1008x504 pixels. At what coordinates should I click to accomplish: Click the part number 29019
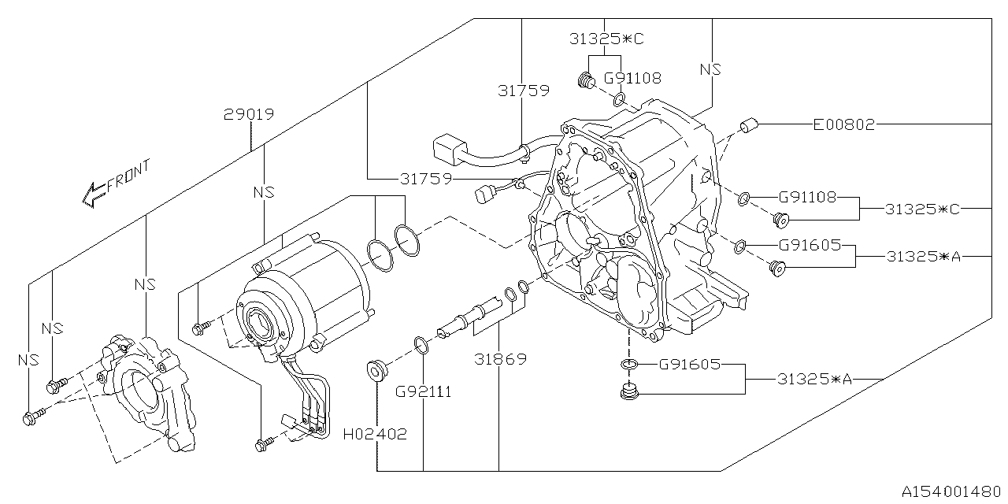[248, 115]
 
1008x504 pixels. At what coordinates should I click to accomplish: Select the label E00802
[844, 124]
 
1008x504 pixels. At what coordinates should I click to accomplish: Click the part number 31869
[501, 359]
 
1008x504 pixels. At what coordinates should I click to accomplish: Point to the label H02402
[376, 434]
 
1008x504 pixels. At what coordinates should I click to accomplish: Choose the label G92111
[423, 391]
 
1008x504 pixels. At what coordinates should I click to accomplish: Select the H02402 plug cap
[376, 369]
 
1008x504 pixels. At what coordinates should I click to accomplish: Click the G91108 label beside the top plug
[632, 78]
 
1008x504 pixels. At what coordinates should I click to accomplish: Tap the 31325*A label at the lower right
[814, 379]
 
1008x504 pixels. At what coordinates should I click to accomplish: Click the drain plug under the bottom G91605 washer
[628, 391]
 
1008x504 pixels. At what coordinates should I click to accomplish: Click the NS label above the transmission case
[710, 69]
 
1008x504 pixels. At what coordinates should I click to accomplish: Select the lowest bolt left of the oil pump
[31, 417]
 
